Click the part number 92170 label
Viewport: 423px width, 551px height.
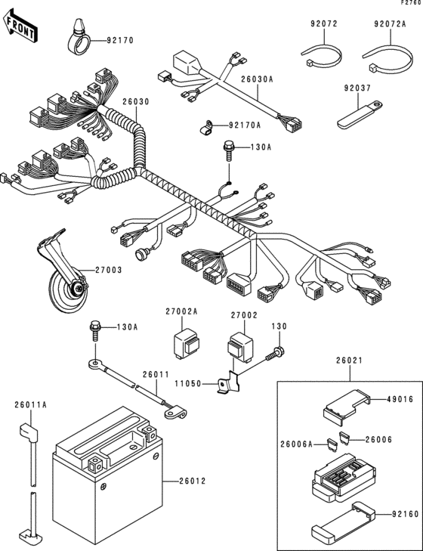click(x=119, y=40)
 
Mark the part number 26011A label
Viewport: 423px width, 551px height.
click(x=30, y=405)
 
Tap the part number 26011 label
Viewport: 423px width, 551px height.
click(x=156, y=374)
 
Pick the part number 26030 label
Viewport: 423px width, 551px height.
click(x=136, y=101)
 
